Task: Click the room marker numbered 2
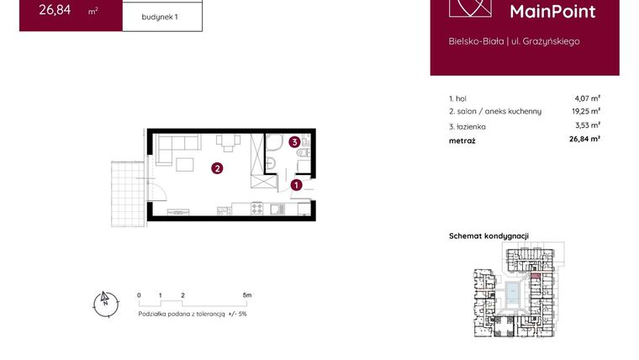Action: (x=217, y=168)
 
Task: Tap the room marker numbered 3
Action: (x=294, y=142)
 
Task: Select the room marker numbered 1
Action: (x=296, y=184)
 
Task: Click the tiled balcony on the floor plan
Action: (x=125, y=193)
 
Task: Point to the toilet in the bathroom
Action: (x=273, y=162)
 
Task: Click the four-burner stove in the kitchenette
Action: (x=277, y=208)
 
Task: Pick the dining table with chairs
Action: (x=227, y=141)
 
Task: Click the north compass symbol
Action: (x=105, y=303)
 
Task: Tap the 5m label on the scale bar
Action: (x=246, y=296)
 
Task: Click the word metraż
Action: (x=462, y=140)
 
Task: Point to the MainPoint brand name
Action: (x=553, y=12)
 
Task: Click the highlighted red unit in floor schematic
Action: (x=536, y=275)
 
